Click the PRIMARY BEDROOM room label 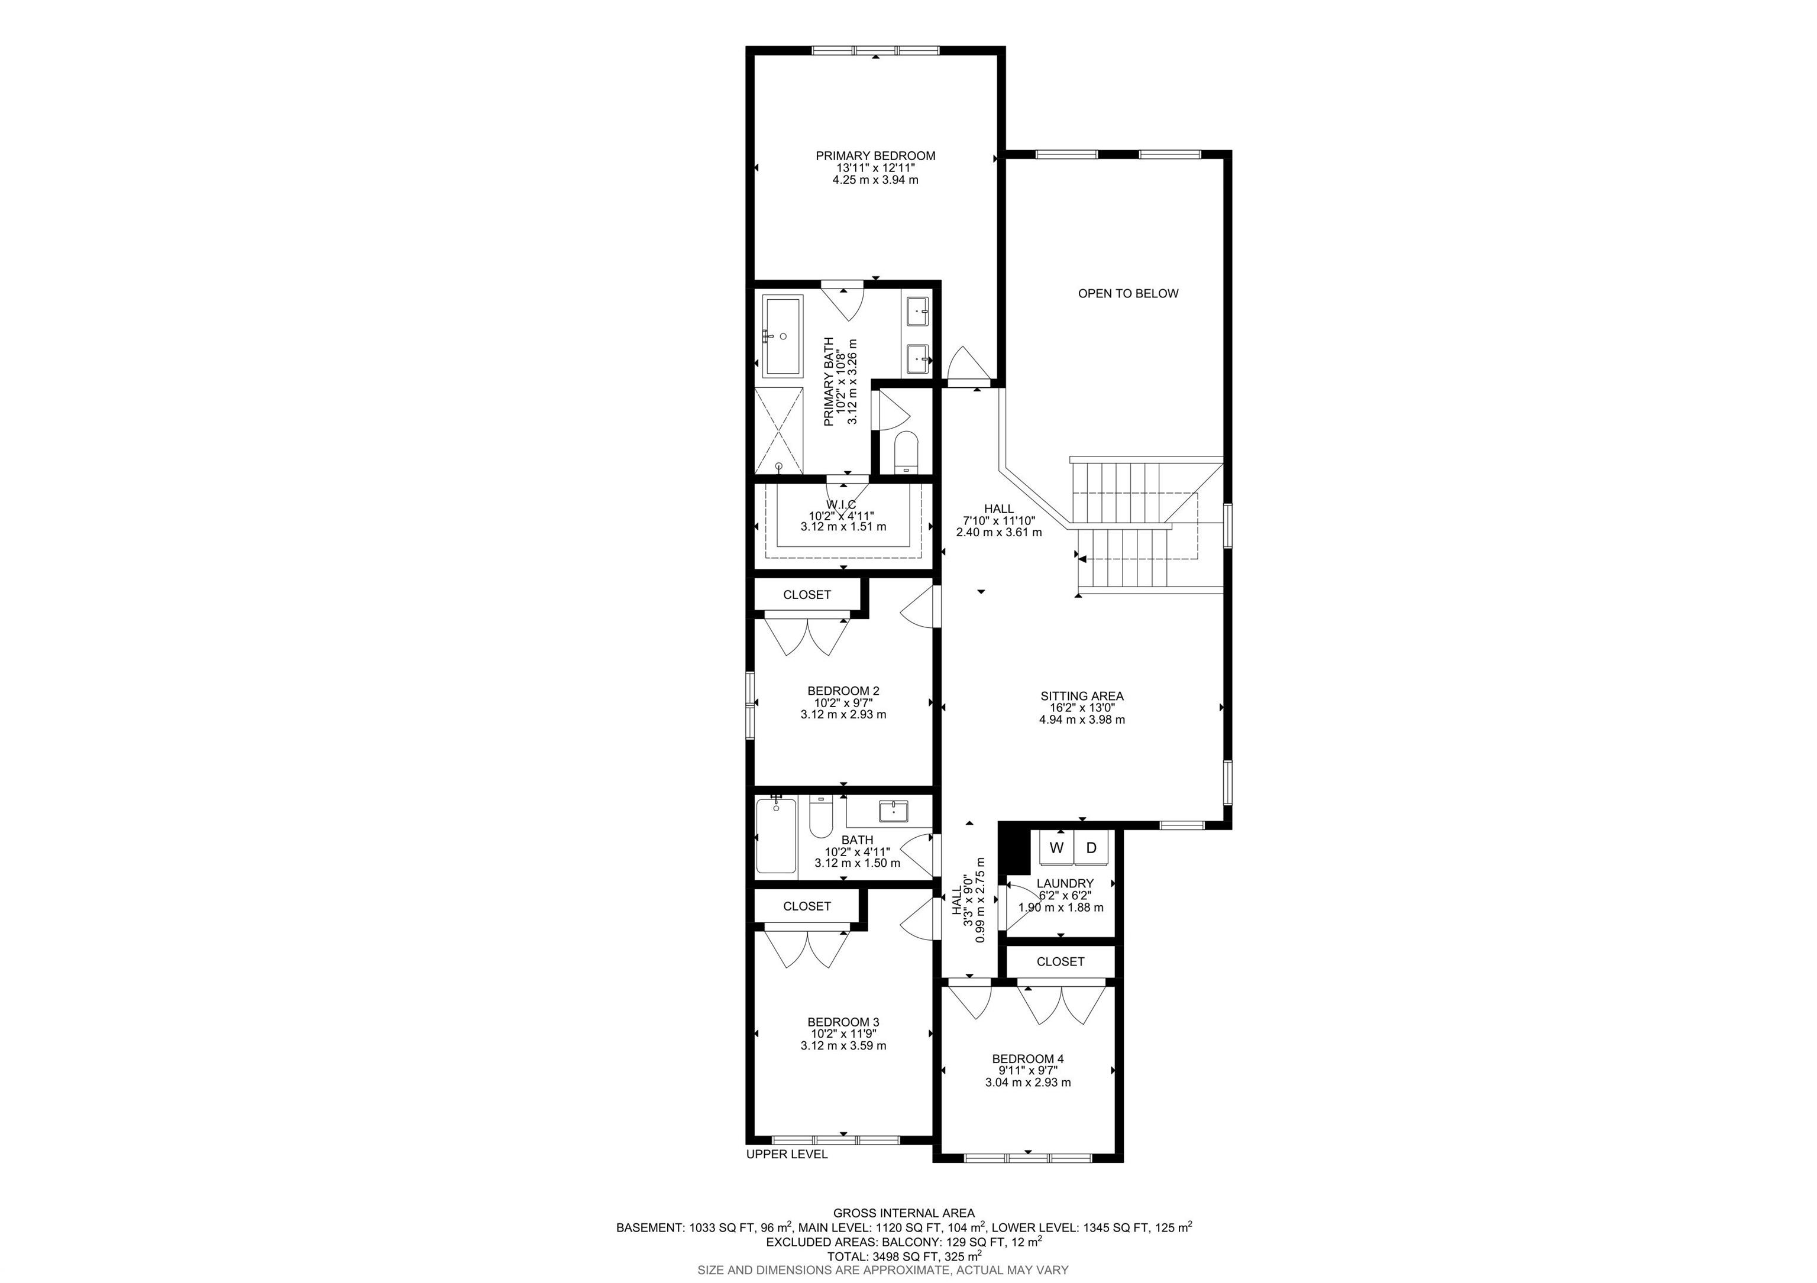coord(875,156)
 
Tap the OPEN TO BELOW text coord(1128,293)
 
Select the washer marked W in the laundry coord(1056,848)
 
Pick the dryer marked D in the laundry coord(1091,848)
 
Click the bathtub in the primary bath coord(783,335)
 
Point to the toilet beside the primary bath coord(906,452)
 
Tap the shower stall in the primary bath coord(779,431)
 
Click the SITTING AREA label coord(1082,696)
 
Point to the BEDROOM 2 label coord(843,691)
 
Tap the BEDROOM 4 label coord(1027,1058)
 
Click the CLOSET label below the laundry coord(1060,962)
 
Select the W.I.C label coord(841,505)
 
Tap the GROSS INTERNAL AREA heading coord(904,1213)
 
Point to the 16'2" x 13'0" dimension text coord(1082,708)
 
